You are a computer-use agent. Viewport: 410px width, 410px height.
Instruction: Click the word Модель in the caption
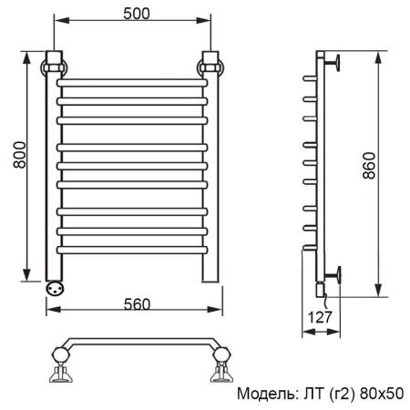265,395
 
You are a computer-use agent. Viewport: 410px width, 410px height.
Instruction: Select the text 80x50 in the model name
383,395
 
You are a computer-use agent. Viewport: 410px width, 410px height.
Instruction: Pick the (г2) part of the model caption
342,395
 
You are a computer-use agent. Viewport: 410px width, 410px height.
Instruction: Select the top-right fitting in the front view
210,66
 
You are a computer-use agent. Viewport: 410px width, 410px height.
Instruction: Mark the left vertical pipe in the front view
54,182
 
